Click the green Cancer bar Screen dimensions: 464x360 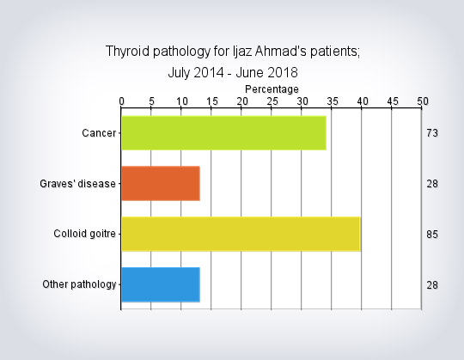223,133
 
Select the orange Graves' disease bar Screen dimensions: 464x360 161,183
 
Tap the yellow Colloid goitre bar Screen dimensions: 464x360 241,234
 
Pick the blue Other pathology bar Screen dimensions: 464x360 161,284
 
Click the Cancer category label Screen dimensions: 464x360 99,133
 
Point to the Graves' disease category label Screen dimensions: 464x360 77,184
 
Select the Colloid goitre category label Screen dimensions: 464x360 84,234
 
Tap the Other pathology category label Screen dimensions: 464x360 79,284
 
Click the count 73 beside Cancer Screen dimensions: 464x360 432,133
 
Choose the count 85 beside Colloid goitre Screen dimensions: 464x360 432,235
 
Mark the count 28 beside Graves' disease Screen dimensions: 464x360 432,184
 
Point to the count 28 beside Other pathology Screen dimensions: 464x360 432,285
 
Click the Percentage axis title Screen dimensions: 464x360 272,89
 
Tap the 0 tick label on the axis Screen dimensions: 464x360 122,101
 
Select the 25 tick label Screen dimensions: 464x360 272,101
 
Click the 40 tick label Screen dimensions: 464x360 363,101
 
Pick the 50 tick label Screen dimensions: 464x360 423,101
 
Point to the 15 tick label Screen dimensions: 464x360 212,101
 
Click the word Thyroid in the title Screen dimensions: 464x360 127,52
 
